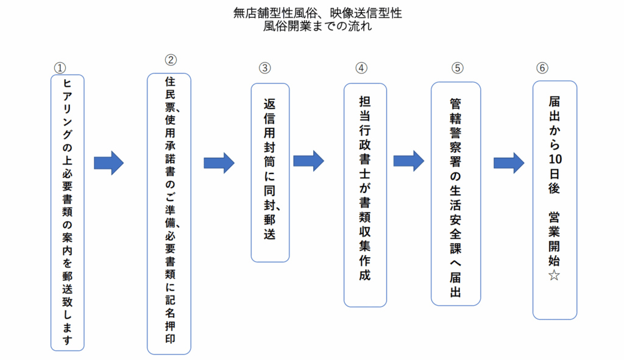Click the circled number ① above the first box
coord(60,68)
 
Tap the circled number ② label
coord(171,60)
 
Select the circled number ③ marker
coord(264,68)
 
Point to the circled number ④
coord(361,68)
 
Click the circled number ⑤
coord(457,68)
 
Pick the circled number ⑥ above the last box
coord(542,68)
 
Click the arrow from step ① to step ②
coord(108,163)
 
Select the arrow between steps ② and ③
coord(219,163)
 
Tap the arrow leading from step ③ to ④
coord(308,161)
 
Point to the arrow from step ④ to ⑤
coord(409,161)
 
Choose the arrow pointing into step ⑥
coord(509,163)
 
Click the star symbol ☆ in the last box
coord(555,275)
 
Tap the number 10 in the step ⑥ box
coord(555,159)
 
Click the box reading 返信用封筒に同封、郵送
coord(270,172)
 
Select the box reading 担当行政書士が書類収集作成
coord(366,195)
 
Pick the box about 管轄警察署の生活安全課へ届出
coord(456,194)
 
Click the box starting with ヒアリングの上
coord(68,213)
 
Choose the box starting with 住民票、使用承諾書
coord(169,214)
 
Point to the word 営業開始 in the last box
coord(555,239)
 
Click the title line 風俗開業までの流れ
coord(317,26)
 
